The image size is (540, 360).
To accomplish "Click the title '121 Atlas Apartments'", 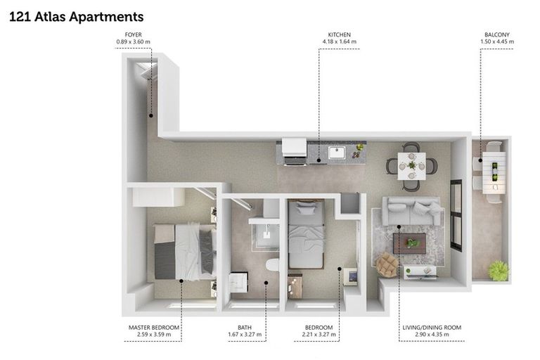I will pos(76,16).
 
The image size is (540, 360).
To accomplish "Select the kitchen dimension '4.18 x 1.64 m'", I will pos(339,42).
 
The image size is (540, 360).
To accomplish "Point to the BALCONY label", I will pos(496,34).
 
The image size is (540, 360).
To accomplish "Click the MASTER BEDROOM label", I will pos(154,328).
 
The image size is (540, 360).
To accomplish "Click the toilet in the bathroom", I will pos(272,265).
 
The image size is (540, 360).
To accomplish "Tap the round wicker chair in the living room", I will pos(387,265).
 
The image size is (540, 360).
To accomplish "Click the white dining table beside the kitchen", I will pos(411,167).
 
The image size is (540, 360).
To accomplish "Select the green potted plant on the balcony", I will pos(499,271).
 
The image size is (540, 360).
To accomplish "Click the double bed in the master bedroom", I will pos(184,251).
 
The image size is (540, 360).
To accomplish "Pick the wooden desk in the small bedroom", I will pos(295,285).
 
